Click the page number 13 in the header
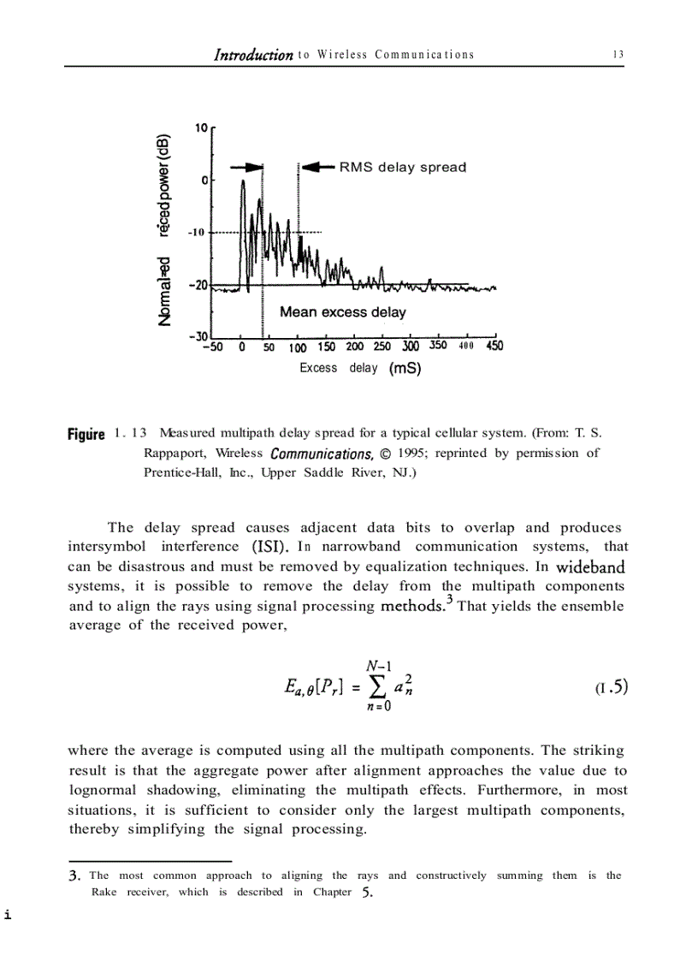pyautogui.click(x=618, y=55)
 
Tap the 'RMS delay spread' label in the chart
pyautogui.click(x=403, y=167)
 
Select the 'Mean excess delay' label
pyautogui.click(x=343, y=312)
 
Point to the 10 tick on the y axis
pyautogui.click(x=202, y=128)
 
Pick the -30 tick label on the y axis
pyautogui.click(x=198, y=336)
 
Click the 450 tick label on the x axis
pyautogui.click(x=494, y=347)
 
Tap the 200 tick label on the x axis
pyautogui.click(x=355, y=347)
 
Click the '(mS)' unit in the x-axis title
pyautogui.click(x=405, y=369)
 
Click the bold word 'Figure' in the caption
pyautogui.click(x=86, y=435)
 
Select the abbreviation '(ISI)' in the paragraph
pyautogui.click(x=270, y=546)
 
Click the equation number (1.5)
pyautogui.click(x=611, y=686)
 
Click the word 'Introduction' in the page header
pyautogui.click(x=253, y=55)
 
